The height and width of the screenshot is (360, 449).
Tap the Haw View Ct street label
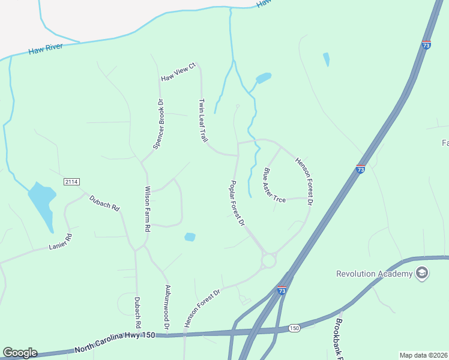pos(178,71)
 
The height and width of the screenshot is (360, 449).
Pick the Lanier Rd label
pos(60,241)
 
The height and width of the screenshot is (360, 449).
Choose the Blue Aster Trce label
pos(274,185)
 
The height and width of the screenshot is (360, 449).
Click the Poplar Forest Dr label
pos(238,203)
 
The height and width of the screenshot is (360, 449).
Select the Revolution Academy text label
pos(374,274)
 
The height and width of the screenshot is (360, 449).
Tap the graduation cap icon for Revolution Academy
pos(422,274)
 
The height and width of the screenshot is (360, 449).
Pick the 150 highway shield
pos(294,328)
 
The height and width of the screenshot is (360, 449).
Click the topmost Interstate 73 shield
pos(426,45)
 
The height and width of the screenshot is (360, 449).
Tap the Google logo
pos(20,353)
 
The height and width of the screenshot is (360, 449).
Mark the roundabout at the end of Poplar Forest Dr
pos(268,261)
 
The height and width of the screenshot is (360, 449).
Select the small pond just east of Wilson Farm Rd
pos(190,237)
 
